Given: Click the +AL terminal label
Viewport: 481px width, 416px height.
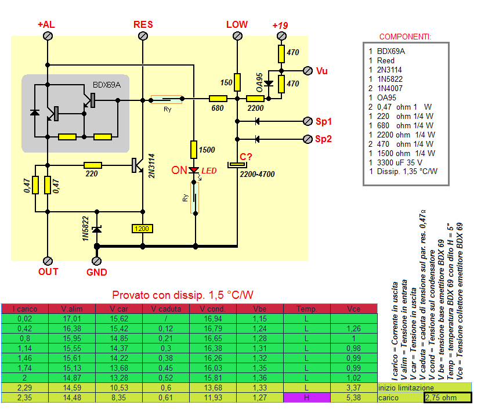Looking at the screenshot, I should pyautogui.click(x=46, y=25).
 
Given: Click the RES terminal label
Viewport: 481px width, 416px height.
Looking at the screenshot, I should pyautogui.click(x=143, y=24).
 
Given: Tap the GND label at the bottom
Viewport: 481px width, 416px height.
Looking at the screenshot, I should pyautogui.click(x=96, y=272).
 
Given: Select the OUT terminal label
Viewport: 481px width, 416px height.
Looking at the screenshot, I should pyautogui.click(x=48, y=272).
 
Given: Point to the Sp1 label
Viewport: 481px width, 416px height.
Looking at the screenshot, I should pyautogui.click(x=324, y=122).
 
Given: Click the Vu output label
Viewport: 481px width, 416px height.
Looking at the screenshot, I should pyautogui.click(x=322, y=71).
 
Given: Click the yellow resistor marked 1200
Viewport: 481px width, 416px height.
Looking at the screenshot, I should pyautogui.click(x=142, y=229).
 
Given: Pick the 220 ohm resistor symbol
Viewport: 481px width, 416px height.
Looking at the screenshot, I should pyautogui.click(x=93, y=165).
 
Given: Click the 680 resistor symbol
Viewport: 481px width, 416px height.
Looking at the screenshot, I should pyautogui.click(x=218, y=100).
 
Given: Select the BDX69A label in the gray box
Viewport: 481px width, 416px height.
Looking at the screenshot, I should pyautogui.click(x=107, y=85).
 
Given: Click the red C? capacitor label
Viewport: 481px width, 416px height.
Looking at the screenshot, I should pyautogui.click(x=246, y=156).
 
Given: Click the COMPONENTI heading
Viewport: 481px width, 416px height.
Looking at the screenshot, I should pyautogui.click(x=405, y=37).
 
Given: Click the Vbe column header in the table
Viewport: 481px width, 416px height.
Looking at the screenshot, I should pyautogui.click(x=261, y=309).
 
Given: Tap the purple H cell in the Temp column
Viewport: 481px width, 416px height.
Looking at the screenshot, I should pyautogui.click(x=306, y=398).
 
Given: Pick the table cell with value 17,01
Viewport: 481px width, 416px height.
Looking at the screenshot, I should pyautogui.click(x=71, y=319).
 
